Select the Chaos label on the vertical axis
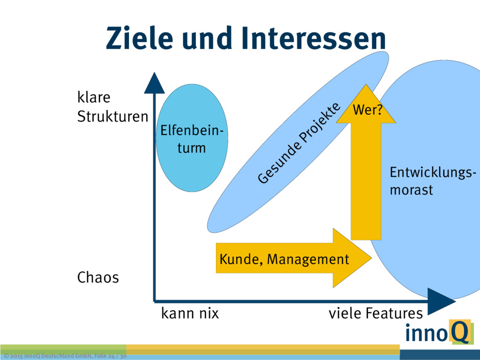(97, 277)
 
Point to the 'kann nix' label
(190, 313)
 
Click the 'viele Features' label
(375, 313)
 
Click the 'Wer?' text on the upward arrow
(367, 111)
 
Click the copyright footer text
(64, 356)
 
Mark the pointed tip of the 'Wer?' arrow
(366, 86)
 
